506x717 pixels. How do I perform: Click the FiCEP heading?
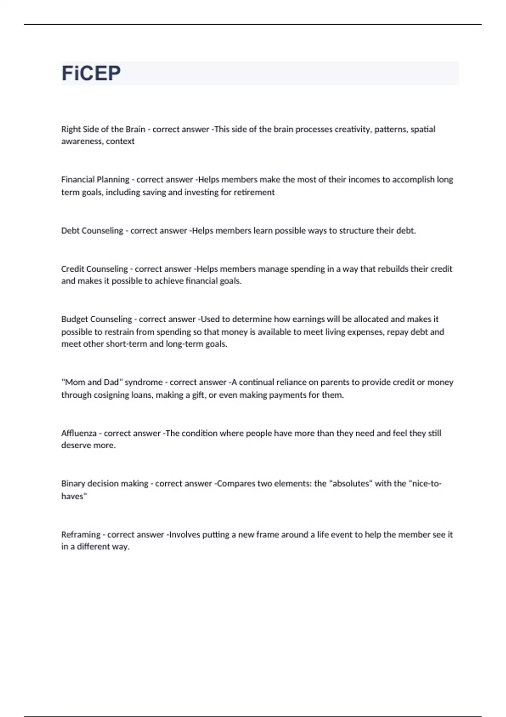coord(91,73)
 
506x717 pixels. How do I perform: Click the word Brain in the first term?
coord(135,129)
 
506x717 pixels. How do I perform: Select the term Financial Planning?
coord(95,180)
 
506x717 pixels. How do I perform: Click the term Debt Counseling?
coord(92,231)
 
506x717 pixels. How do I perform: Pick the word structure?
coord(356,231)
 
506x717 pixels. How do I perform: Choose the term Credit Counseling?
coord(94,269)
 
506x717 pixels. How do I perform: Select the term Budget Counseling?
coord(97,319)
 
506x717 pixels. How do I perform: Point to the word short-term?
coord(126,344)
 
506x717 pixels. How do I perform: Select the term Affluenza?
coord(79,433)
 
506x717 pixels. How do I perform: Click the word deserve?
coord(74,445)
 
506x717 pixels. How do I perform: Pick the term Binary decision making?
coord(105,484)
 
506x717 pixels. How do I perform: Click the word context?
coord(120,141)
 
